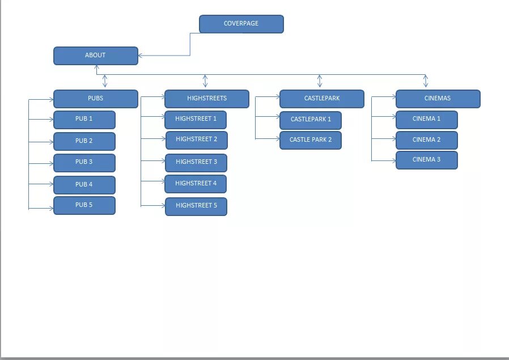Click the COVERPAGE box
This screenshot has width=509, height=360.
tap(241, 24)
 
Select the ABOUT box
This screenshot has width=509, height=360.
tap(95, 56)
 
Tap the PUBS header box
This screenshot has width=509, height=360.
tap(95, 99)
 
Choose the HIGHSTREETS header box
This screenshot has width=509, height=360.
tap(206, 99)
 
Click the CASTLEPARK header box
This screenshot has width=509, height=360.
tap(321, 99)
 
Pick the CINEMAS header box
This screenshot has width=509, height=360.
tap(438, 99)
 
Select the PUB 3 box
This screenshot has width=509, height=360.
tap(84, 163)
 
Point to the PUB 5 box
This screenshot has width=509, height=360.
tap(84, 205)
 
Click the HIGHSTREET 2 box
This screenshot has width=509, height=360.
tap(196, 139)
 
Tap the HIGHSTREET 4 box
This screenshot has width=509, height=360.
tap(196, 184)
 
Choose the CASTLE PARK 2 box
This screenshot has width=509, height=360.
tap(310, 140)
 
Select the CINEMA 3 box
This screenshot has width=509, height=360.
tap(426, 160)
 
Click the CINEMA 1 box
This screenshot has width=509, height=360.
tap(426, 120)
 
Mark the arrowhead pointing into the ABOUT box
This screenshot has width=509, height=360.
tap(141, 56)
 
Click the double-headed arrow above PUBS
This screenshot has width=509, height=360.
tap(105, 81)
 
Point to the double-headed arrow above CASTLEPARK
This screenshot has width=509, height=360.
tap(320, 81)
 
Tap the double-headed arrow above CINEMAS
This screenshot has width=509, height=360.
tap(426, 81)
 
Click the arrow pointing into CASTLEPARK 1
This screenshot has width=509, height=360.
tap(276, 117)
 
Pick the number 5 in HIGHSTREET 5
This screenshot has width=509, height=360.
tap(215, 205)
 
